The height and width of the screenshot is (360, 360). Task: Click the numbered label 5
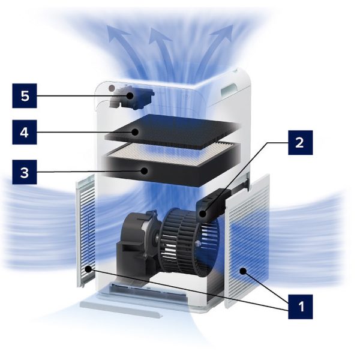point(25,96)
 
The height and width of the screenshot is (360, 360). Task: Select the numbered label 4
point(25,132)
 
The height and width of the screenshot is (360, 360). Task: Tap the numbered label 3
point(25,172)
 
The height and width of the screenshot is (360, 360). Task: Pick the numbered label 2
point(301,143)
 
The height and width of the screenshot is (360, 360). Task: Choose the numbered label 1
point(301,307)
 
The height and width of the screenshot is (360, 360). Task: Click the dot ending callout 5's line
point(130,96)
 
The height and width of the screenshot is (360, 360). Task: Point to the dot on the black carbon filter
point(135,132)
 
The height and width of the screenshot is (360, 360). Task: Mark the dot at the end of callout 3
point(144,171)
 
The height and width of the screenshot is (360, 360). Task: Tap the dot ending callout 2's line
point(203,214)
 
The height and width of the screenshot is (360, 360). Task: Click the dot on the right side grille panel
point(243,271)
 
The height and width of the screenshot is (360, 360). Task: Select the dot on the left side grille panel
point(88,269)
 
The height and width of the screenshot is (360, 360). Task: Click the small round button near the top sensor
point(112,88)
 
